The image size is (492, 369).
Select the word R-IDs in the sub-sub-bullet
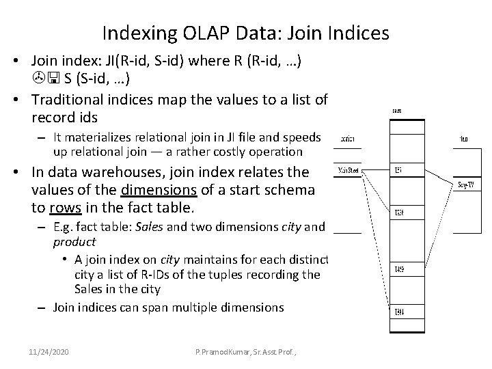pyautogui.click(x=155, y=274)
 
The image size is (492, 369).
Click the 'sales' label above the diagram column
pyautogui.click(x=397, y=109)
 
